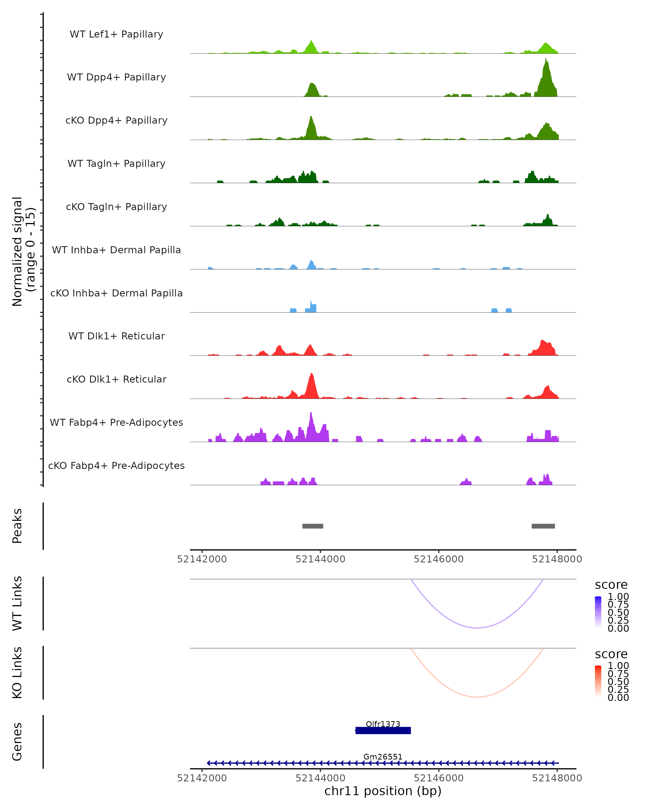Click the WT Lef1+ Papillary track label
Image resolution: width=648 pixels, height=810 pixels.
(116, 34)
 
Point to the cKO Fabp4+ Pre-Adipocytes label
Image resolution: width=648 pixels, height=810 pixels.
(116, 465)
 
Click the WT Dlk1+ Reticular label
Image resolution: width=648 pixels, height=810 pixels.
(116, 336)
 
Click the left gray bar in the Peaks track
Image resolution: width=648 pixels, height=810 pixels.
(313, 526)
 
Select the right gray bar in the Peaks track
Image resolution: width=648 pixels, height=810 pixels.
(543, 526)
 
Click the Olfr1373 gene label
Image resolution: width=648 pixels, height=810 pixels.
(383, 724)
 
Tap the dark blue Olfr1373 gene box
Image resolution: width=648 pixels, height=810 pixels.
(383, 730)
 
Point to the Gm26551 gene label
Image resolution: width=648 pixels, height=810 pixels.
(383, 757)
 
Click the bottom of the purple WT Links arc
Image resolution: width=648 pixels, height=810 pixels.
(477, 628)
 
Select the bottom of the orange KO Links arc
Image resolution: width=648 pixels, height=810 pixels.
(477, 697)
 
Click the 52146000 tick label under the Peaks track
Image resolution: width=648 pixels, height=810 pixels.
(438, 559)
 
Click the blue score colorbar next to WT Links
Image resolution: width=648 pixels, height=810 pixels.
(598, 612)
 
